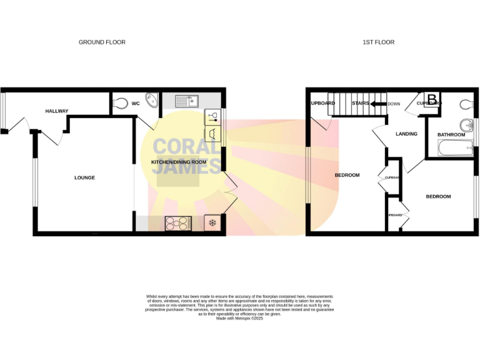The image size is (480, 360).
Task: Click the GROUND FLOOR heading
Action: coord(102,42)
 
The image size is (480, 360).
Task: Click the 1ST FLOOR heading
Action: coord(378,42)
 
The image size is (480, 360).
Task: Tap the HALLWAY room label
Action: coord(57,111)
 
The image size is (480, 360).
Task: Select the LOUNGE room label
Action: coord(84,177)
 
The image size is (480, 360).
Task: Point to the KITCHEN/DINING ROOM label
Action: coord(179,162)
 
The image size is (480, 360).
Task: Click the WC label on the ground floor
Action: coord(135,104)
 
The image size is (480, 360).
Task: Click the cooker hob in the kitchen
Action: coord(178,222)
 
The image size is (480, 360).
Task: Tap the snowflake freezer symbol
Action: coord(212,222)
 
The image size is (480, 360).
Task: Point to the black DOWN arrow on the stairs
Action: coord(377,104)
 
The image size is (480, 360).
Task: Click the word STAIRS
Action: coord(361,103)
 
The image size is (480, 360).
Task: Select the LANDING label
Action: coord(406,134)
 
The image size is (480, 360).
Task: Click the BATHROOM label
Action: coord(451,134)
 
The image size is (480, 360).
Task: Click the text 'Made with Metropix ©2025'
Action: coord(240,318)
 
